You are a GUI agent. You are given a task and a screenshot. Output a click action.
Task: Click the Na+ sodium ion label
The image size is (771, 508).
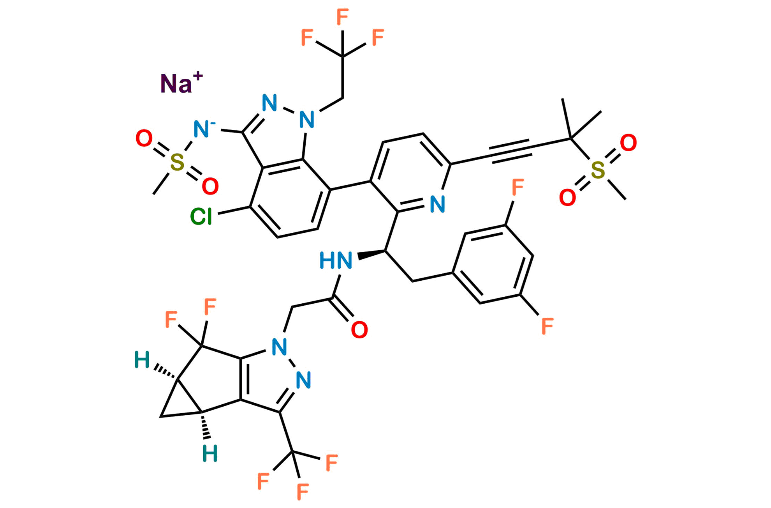(181, 83)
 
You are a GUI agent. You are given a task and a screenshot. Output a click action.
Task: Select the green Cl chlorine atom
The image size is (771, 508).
(201, 217)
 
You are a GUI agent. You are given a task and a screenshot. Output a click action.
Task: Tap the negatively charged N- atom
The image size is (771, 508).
(204, 129)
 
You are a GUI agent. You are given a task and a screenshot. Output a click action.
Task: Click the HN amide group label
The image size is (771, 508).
(336, 260)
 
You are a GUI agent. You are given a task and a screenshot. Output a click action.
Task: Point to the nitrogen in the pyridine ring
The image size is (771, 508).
(437, 204)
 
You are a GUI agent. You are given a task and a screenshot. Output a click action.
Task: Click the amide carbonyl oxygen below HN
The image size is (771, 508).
(359, 330)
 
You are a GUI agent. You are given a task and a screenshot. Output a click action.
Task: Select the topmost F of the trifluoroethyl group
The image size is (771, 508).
(342, 17)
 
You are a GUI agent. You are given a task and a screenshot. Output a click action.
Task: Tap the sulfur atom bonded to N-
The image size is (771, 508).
(177, 162)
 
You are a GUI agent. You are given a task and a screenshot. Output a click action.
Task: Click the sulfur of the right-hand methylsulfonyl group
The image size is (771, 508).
(598, 170)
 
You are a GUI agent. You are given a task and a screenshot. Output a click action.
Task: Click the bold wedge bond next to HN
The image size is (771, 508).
(371, 255)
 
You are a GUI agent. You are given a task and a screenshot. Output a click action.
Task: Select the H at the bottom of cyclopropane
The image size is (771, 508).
(210, 454)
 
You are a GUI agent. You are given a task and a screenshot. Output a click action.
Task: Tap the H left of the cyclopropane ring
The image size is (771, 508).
(142, 360)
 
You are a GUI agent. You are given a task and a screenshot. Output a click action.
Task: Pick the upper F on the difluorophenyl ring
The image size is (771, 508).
(518, 187)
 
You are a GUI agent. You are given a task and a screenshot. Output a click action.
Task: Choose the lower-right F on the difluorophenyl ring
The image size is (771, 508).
(547, 326)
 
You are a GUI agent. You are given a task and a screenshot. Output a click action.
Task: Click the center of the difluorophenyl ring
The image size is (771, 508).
(493, 264)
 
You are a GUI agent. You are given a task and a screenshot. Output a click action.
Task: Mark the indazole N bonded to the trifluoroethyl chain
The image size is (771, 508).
(307, 119)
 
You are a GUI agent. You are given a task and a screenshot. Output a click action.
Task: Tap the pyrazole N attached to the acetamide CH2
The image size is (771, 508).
(279, 347)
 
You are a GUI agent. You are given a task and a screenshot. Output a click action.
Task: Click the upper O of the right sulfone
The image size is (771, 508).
(628, 143)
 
